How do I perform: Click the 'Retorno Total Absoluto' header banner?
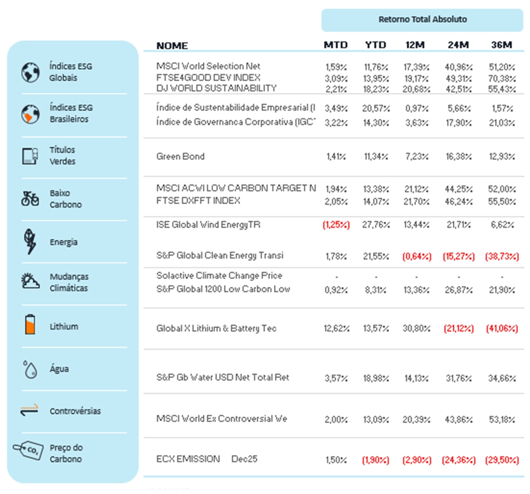(422, 20)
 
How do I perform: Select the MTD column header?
(336, 45)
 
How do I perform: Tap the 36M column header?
(502, 45)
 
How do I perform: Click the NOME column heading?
(172, 46)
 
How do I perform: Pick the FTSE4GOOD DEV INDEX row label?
(208, 78)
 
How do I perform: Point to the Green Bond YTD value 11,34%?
(376, 157)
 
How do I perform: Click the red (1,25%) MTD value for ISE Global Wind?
(336, 225)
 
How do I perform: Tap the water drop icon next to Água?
(30, 369)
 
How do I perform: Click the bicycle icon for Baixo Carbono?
(30, 199)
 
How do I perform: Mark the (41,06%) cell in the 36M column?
(502, 329)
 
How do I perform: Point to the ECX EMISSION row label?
(188, 459)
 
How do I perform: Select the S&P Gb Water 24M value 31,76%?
(458, 378)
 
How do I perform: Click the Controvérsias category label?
(75, 411)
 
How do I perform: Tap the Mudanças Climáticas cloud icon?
(30, 281)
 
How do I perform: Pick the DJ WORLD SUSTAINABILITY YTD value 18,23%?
(376, 89)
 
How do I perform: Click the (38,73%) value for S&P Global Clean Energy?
(502, 256)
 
